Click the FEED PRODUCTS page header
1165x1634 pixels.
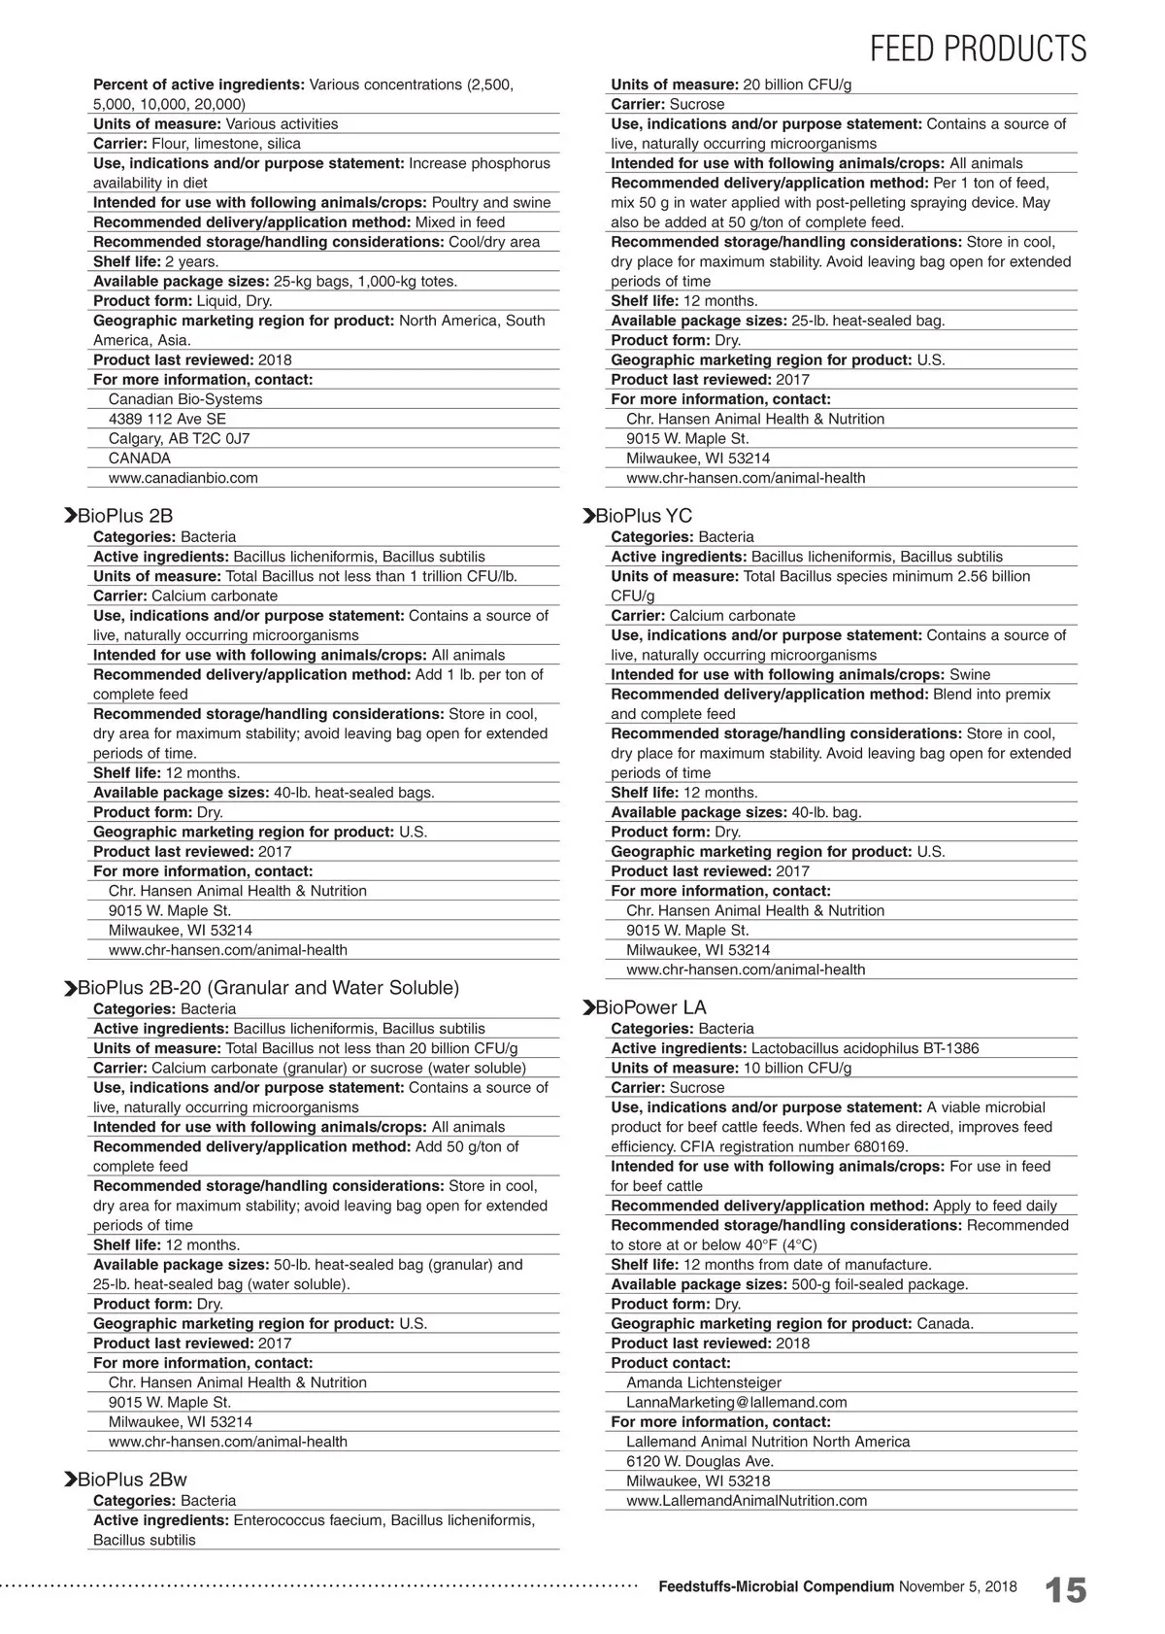coord(978,48)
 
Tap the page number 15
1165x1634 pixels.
coord(1065,1590)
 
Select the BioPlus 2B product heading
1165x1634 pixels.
coord(125,516)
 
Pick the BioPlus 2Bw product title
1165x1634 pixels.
coord(132,1480)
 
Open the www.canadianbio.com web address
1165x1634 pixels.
coord(183,478)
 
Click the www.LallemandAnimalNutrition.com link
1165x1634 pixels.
coord(747,1501)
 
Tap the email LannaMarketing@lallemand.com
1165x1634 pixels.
coord(736,1403)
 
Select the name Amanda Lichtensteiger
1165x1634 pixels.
coord(704,1382)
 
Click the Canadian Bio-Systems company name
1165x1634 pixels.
coord(185,399)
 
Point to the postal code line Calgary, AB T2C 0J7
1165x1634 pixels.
coord(179,438)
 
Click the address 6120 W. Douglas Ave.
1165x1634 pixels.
coord(700,1461)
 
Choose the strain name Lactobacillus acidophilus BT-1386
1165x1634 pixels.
coord(865,1048)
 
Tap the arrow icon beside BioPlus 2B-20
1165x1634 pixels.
coord(70,989)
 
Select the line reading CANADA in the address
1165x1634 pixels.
coord(140,459)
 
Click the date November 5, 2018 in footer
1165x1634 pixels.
coord(958,1586)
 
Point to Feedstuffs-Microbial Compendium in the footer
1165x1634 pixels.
coord(776,1586)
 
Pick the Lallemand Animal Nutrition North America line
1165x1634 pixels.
coord(768,1442)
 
